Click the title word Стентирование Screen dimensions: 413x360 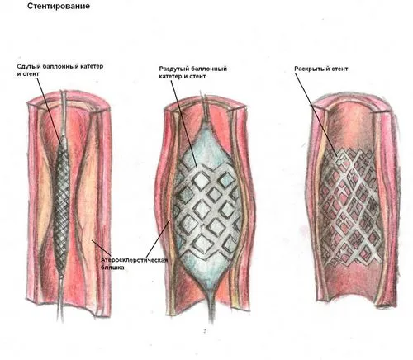(59, 6)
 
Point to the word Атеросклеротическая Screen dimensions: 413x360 (134, 260)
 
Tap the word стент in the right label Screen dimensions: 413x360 (339, 69)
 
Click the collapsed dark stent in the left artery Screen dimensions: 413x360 (61, 204)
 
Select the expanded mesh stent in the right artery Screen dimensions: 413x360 (351, 206)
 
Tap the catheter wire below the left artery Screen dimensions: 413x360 (61, 297)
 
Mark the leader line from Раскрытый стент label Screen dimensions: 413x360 (316, 115)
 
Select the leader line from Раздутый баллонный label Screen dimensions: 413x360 (183, 124)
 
